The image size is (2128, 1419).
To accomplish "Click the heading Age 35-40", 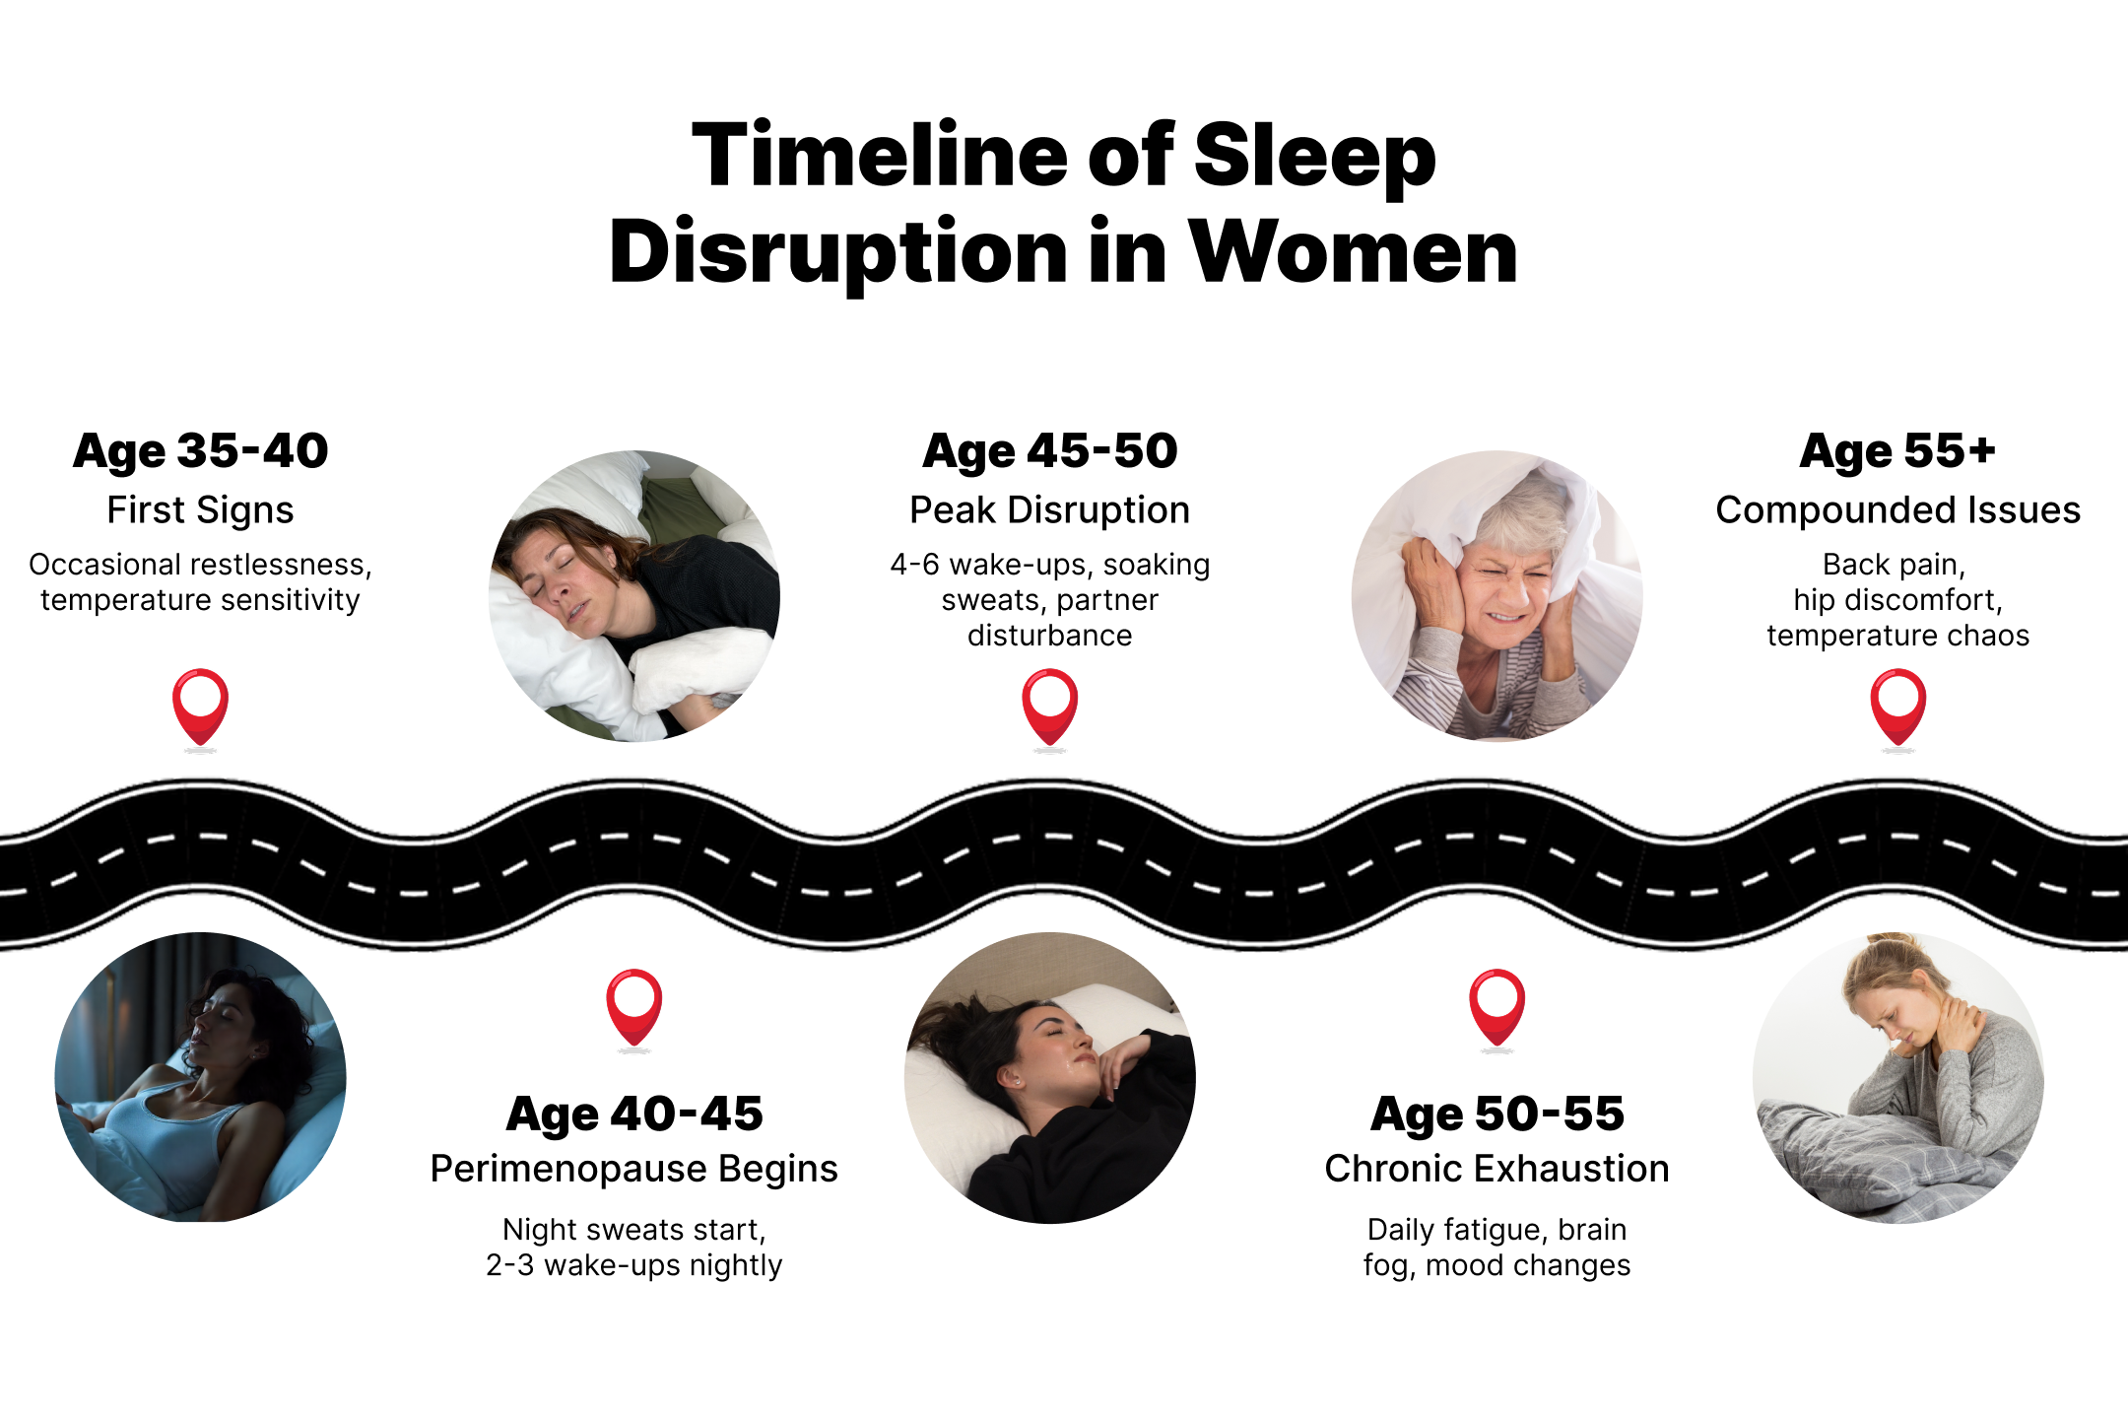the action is [x=201, y=451].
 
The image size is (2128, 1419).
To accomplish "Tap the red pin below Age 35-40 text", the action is [x=201, y=708].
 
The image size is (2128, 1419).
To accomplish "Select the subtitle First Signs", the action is [x=201, y=510].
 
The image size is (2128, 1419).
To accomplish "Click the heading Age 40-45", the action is [x=634, y=1115].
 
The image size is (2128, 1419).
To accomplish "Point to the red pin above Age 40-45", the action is [x=634, y=1007].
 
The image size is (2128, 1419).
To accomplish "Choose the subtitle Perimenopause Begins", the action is [x=634, y=1169].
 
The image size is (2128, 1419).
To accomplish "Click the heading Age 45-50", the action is [x=1050, y=451].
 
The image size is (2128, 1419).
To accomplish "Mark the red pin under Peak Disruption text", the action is [x=1050, y=708].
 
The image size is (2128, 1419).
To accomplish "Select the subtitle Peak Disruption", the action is [x=1050, y=510].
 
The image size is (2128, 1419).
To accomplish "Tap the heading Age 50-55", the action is [x=1497, y=1115].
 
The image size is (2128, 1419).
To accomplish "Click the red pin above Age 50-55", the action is [x=1497, y=1007].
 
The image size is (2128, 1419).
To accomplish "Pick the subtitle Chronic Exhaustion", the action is [x=1497, y=1169].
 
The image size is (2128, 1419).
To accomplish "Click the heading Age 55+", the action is [x=1898, y=451].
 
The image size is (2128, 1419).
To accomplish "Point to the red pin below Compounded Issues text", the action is [x=1898, y=708].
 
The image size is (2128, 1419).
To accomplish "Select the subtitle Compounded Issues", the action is [x=1898, y=510].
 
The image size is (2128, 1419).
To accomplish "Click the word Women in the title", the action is [x=1354, y=252].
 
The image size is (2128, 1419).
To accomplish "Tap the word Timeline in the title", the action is [x=881, y=156].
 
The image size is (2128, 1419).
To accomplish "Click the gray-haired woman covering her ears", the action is [x=1497, y=595].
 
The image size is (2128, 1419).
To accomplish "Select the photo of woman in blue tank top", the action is [x=201, y=1077].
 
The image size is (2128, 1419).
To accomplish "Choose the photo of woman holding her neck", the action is [x=1898, y=1077].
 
